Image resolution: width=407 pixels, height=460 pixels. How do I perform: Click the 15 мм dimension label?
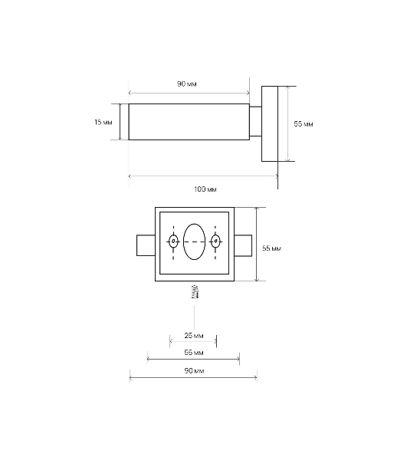103,122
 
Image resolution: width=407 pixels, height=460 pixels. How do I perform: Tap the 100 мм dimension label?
205,189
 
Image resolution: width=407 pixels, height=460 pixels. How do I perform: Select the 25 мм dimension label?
194,335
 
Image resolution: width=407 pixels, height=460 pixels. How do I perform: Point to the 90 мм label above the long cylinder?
187,84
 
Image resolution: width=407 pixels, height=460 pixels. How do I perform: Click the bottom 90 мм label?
194,371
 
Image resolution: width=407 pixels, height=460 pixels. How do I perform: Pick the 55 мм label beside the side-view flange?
304,124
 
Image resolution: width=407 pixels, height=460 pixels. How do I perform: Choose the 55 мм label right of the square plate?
272,248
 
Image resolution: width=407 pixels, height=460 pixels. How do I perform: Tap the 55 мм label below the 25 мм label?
194,353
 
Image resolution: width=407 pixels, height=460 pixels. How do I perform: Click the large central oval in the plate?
194,242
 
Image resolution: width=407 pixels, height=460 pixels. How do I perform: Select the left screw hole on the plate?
173,242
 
